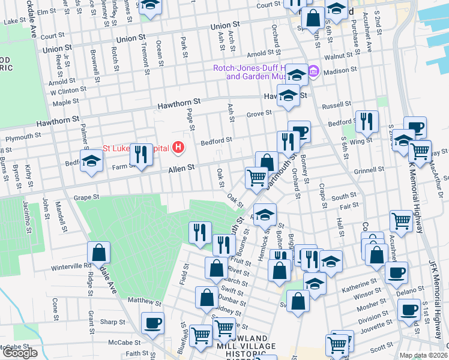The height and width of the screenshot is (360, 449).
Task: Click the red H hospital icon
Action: pos(178,146)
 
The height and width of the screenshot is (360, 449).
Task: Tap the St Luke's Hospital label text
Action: pos(135,148)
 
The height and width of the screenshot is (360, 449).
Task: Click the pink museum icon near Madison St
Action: pos(313,72)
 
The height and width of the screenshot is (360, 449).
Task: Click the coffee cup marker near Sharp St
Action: pos(152,323)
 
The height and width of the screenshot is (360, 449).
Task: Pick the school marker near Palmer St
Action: pos(91,161)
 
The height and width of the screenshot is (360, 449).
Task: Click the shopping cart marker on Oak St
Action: pos(256,178)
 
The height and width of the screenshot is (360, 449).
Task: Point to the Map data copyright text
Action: pos(424,355)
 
